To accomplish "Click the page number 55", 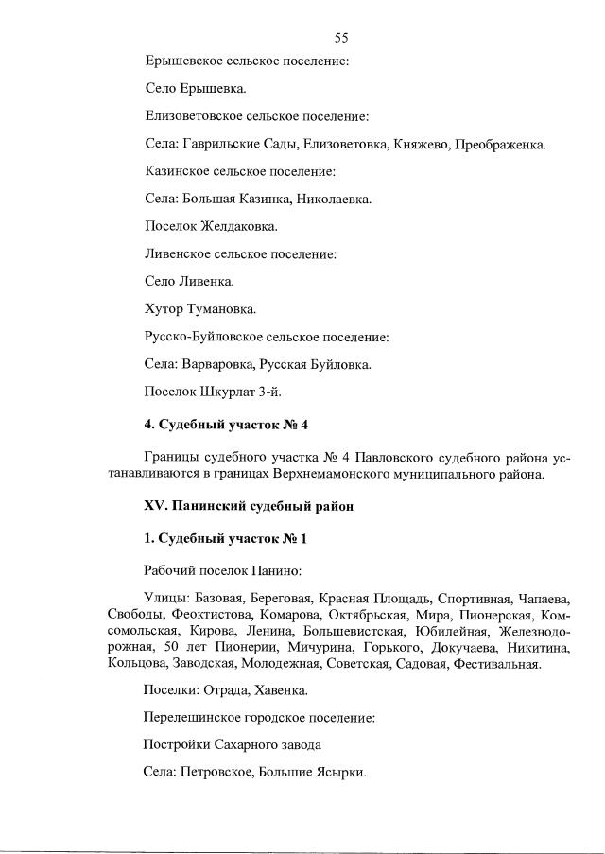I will [341, 38].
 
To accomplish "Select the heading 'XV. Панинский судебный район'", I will [249, 506].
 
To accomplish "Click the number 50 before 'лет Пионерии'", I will [172, 647].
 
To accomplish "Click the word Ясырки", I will [339, 773].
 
